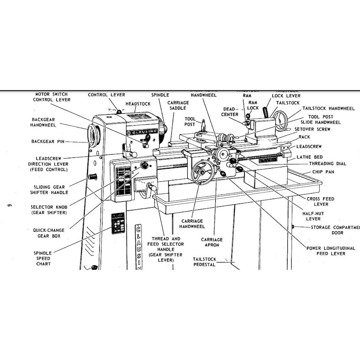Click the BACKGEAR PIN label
[x=48, y=141]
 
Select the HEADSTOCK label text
[x=138, y=104]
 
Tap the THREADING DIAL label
[x=327, y=164]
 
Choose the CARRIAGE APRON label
[x=212, y=242]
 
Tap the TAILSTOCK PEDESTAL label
[x=204, y=262]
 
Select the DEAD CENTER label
[x=230, y=112]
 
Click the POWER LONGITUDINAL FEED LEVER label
[x=326, y=250]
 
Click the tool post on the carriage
[x=203, y=128]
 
